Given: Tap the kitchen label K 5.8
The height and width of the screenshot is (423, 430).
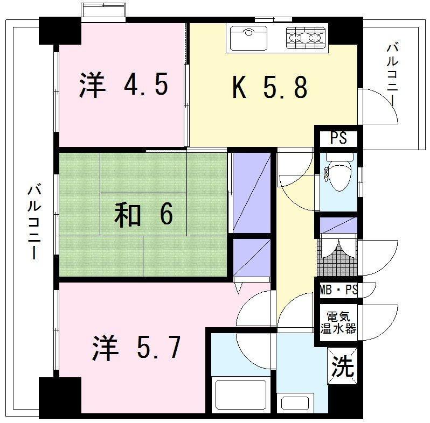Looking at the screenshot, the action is point(270,87).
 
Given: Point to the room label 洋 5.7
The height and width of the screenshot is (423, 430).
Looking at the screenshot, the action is point(136,347).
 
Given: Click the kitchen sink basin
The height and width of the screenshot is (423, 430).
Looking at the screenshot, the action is point(248,38).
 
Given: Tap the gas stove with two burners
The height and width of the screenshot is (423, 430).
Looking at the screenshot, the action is point(307,38).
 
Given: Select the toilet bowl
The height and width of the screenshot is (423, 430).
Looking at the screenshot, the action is point(339,172).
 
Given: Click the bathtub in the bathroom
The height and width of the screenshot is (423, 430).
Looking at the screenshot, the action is point(241,394).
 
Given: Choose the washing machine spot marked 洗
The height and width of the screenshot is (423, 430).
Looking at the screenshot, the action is point(343,366).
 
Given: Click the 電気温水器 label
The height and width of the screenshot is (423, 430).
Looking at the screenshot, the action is point(338,323).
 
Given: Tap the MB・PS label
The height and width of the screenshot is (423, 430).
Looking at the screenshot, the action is point(338,290).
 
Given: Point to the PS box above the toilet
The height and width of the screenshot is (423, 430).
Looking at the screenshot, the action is point(339,139).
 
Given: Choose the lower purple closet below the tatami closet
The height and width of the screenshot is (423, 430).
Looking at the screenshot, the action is point(252,258).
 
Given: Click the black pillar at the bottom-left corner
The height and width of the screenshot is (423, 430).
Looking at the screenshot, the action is point(60,398).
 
